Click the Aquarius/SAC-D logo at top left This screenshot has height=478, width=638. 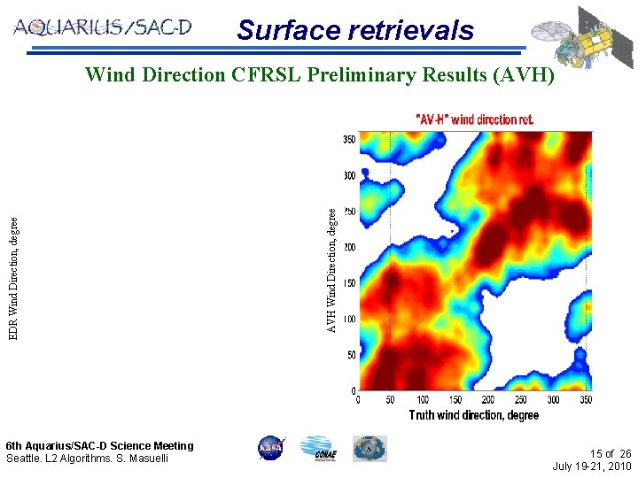(102, 27)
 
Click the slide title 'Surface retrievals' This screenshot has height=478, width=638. (355, 30)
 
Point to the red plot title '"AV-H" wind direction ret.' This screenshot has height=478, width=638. (475, 119)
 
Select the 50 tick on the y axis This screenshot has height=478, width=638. (351, 355)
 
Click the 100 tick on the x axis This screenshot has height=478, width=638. (423, 400)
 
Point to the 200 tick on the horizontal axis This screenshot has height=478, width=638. (488, 400)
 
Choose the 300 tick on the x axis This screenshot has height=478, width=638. (553, 400)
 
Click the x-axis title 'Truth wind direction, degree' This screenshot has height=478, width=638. (474, 415)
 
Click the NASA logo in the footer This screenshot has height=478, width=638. (269, 449)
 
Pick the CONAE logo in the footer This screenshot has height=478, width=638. (318, 449)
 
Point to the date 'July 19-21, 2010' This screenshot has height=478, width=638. (591, 466)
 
